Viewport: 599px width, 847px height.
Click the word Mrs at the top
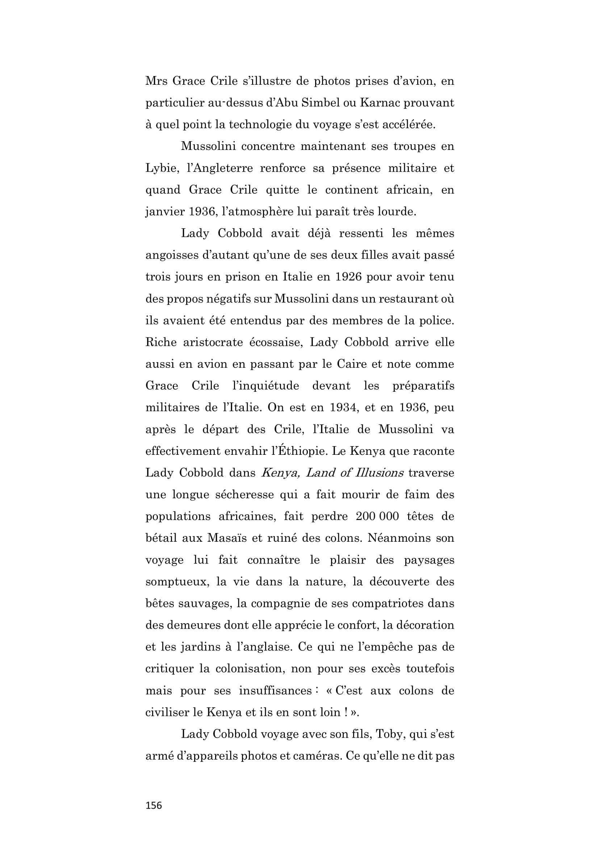[x=155, y=81]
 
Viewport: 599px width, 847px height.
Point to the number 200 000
[x=377, y=516]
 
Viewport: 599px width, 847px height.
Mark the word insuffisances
[x=276, y=691]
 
